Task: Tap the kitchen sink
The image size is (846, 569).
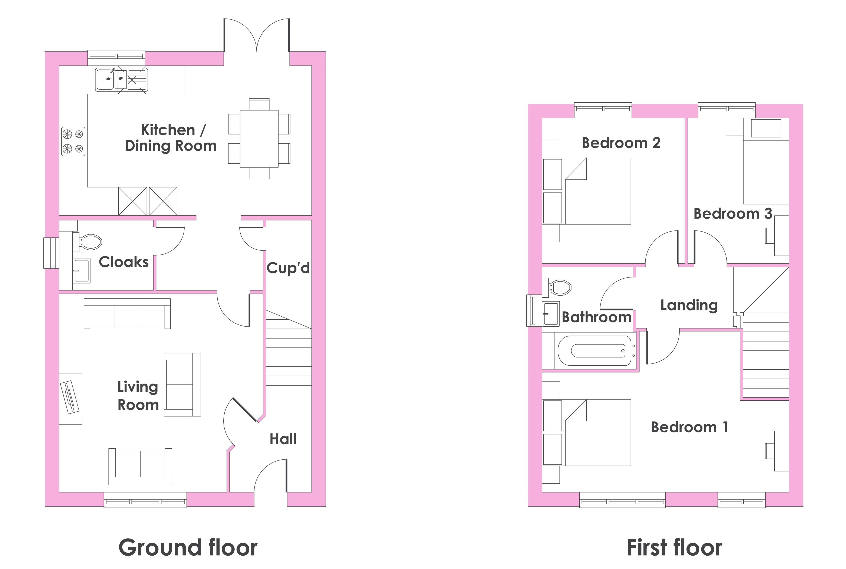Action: click(x=122, y=79)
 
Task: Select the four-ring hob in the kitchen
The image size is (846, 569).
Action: click(x=73, y=141)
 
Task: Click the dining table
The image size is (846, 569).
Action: click(x=259, y=139)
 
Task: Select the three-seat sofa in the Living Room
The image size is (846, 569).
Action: click(x=127, y=313)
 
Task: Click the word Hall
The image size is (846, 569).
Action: click(x=283, y=439)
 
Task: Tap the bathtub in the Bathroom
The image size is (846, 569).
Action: click(x=595, y=350)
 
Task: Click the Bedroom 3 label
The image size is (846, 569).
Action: click(x=733, y=213)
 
